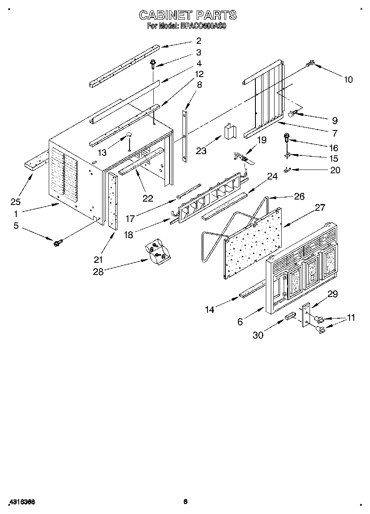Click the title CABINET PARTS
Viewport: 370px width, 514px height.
tap(187, 15)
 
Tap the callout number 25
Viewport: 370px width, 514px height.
tap(15, 202)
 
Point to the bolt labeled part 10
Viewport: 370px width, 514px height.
tap(310, 64)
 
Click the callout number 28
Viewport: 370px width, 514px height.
tap(98, 272)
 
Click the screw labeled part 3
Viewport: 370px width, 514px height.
tap(153, 64)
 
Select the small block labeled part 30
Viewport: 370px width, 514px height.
tap(289, 318)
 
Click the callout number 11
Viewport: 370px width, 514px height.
tap(351, 317)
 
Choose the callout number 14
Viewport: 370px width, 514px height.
tap(210, 309)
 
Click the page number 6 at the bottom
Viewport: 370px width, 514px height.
tap(186, 502)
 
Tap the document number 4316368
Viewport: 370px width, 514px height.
tap(22, 502)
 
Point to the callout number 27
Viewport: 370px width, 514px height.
tap(320, 207)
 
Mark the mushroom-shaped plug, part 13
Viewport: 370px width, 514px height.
tap(129, 135)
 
